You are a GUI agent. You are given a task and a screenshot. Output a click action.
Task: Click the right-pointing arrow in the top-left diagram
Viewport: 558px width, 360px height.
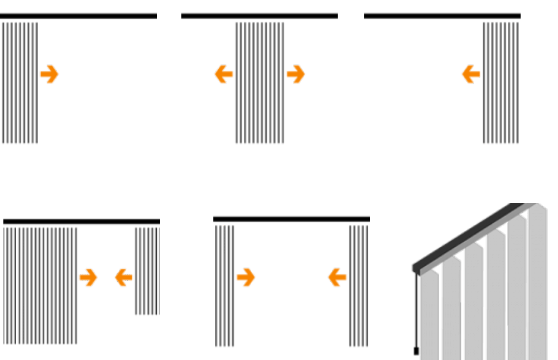50,74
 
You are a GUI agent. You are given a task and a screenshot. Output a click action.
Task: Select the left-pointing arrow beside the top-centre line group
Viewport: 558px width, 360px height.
224,74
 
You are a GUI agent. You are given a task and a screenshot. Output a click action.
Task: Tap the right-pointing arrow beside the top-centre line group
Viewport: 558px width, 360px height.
296,74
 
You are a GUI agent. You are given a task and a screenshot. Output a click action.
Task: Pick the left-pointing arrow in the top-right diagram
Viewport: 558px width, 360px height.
471,74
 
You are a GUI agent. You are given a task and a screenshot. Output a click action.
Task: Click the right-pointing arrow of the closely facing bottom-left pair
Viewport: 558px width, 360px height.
88,277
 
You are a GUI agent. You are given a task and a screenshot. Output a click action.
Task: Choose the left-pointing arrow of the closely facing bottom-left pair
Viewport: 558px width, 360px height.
123,277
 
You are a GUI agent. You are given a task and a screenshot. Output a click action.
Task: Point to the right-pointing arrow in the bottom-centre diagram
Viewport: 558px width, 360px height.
246,277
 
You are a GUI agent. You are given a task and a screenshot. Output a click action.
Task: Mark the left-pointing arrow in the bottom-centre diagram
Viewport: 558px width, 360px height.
338,277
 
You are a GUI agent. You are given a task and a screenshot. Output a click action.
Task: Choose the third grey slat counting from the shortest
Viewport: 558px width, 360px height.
473,304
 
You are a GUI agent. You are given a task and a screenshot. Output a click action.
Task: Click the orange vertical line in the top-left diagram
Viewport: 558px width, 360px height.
35,84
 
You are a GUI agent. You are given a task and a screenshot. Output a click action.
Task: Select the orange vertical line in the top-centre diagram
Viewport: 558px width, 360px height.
272,84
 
